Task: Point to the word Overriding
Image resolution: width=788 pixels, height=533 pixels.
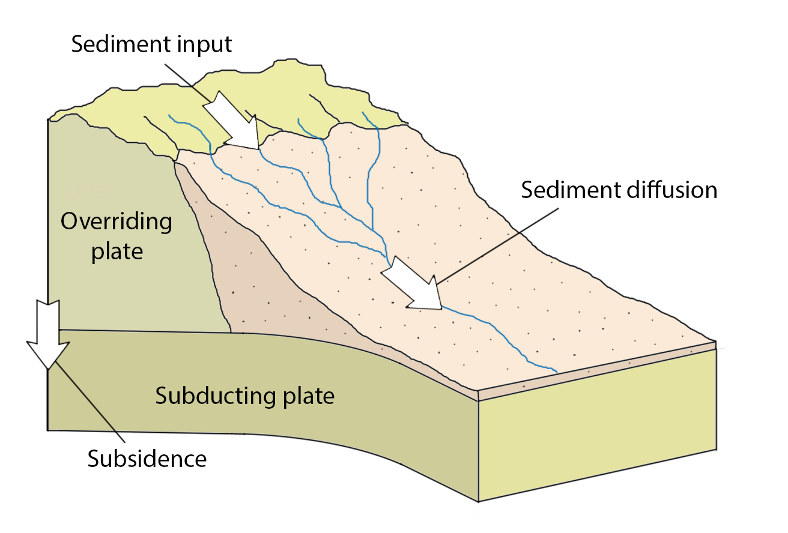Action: (117, 223)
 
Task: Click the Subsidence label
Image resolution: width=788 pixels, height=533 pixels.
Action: (147, 459)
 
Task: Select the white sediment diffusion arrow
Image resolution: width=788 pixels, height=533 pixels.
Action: (411, 286)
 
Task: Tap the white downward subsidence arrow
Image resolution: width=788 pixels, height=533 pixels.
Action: (48, 333)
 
